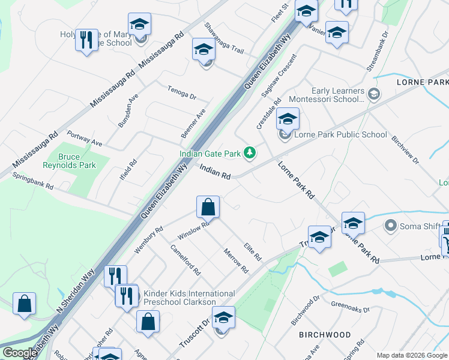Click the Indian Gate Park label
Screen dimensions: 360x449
[x=211, y=154]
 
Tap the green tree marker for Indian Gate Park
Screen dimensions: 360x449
[x=249, y=154]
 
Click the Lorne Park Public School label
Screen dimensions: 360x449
[x=340, y=134]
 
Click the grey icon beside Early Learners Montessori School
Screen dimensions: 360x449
[x=374, y=94]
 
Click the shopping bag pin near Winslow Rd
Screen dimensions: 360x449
[x=207, y=208]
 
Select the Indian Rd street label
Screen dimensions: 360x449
[x=215, y=173]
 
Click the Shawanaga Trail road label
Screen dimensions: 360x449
[x=223, y=38]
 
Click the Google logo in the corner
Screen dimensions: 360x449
[x=20, y=353]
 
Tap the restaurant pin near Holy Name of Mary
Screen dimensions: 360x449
[x=86, y=41]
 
